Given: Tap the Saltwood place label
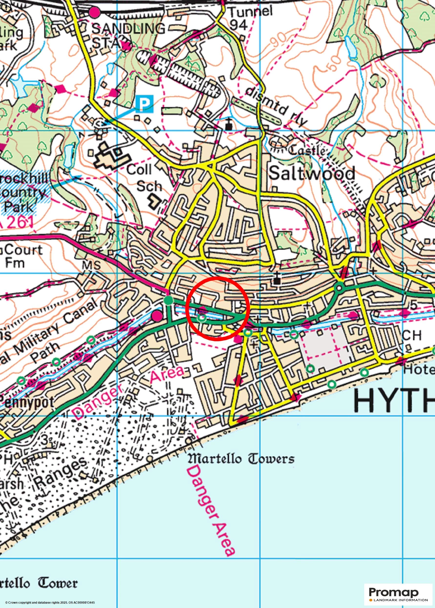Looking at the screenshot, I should [x=311, y=173].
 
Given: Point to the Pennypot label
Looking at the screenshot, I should [x=27, y=402].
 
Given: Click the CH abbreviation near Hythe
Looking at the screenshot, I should [x=412, y=335].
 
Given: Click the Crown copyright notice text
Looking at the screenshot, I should [x=50, y=602].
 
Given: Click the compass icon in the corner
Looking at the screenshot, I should [x=6, y=7].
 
